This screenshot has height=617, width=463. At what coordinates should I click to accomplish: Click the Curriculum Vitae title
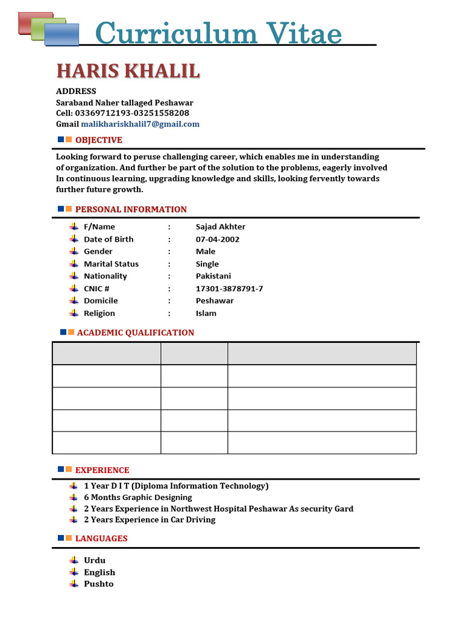pyautogui.click(x=218, y=33)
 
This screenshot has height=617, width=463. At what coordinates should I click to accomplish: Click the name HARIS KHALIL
pyautogui.click(x=128, y=71)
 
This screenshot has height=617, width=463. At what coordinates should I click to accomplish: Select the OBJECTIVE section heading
pyautogui.click(x=98, y=140)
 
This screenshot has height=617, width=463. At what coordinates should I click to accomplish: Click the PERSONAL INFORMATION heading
pyautogui.click(x=131, y=209)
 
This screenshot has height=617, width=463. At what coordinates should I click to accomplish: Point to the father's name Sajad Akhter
pyautogui.click(x=220, y=227)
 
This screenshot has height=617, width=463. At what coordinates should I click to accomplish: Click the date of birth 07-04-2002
pyautogui.click(x=217, y=239)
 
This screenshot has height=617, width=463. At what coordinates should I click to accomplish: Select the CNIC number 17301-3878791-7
pyautogui.click(x=229, y=289)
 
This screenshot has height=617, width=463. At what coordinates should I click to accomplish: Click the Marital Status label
pyautogui.click(x=111, y=264)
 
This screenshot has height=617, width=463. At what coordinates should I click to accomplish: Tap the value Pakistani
pyautogui.click(x=213, y=276)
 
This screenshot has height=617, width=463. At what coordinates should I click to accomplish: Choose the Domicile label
pyautogui.click(x=101, y=301)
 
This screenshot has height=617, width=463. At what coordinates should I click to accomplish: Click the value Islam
pyautogui.click(x=206, y=313)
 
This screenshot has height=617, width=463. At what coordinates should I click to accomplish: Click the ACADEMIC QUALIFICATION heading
pyautogui.click(x=135, y=333)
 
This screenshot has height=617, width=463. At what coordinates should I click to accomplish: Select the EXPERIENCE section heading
pyautogui.click(x=102, y=470)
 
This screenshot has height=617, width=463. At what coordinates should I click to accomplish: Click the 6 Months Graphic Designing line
pyautogui.click(x=137, y=497)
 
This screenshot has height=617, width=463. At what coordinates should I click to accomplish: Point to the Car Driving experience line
pyautogui.click(x=149, y=519)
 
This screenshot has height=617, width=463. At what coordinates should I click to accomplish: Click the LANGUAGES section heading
pyautogui.click(x=101, y=538)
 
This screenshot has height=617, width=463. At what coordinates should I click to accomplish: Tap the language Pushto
pyautogui.click(x=98, y=584)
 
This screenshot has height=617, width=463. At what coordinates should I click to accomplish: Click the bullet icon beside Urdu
pyautogui.click(x=74, y=560)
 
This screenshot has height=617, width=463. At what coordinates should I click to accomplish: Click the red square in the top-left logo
pyautogui.click(x=27, y=22)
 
